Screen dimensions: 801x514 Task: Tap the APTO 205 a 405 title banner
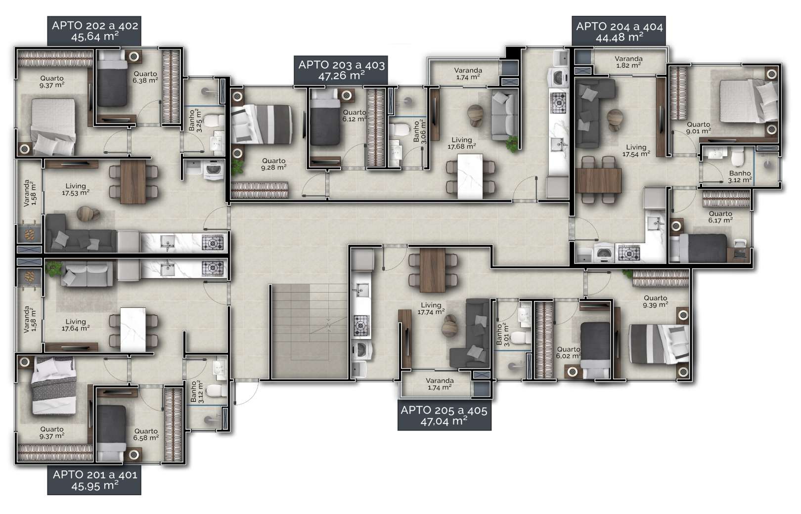tap(445, 415)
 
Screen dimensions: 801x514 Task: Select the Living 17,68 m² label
tap(462, 143)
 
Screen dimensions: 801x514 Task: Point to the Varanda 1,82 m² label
tap(628, 62)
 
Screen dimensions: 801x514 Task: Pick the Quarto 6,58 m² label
tap(146, 434)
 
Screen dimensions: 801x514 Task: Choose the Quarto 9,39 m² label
tap(656, 301)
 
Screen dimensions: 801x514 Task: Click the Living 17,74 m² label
tap(431, 308)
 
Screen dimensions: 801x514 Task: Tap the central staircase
tap(309, 331)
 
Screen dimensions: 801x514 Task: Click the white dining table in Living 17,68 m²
tap(470, 176)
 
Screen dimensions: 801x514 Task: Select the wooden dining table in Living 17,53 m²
tap(133, 181)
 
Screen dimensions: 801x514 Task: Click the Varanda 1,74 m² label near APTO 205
tap(440, 384)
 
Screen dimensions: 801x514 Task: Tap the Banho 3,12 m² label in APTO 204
tap(740, 176)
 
